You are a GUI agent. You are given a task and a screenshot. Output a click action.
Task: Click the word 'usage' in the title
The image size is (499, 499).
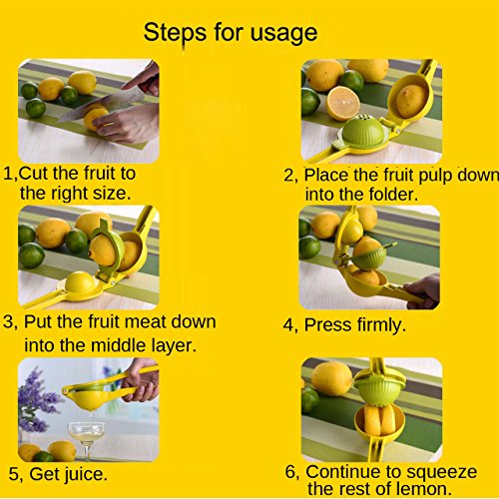[283, 33]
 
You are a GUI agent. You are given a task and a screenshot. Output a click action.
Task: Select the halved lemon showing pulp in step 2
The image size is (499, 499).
[342, 103]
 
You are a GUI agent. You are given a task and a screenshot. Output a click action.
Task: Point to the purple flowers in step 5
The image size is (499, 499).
[37, 399]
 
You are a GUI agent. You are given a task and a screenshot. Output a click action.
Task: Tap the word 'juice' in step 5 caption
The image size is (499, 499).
[83, 474]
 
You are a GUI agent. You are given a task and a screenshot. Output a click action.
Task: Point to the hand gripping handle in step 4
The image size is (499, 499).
[422, 291]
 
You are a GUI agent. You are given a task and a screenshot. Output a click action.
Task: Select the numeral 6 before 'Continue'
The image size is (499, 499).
[290, 472]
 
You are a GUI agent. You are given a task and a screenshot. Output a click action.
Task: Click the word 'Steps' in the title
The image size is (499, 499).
[175, 33]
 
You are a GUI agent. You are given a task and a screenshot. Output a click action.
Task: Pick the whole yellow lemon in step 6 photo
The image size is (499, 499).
[331, 378]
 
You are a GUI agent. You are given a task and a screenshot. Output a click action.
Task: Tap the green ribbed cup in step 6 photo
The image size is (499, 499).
[380, 390]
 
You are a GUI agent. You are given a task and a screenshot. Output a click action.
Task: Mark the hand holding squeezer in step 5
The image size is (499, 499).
[142, 379]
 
